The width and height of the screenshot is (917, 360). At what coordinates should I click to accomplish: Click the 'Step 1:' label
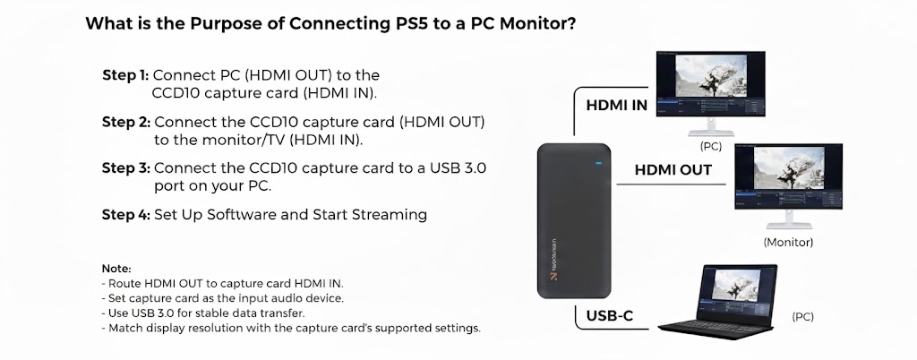tap(126, 75)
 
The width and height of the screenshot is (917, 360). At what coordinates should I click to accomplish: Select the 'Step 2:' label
tap(126, 122)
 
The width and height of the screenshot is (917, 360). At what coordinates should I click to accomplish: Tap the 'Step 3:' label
tap(126, 168)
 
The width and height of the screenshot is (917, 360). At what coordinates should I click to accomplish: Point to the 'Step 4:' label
tap(126, 215)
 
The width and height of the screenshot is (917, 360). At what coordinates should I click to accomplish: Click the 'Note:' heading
tap(116, 269)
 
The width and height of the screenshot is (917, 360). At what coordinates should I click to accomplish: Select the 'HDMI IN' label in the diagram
tap(616, 106)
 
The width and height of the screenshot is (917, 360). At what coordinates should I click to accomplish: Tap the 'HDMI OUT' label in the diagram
tap(673, 170)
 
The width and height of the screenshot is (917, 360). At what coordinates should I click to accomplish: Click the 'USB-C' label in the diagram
tap(609, 316)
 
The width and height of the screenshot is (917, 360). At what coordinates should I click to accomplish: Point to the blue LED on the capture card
tap(597, 164)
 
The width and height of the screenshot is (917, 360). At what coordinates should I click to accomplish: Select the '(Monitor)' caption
tap(788, 242)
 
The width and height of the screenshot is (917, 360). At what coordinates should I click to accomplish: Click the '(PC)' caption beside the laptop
tap(802, 317)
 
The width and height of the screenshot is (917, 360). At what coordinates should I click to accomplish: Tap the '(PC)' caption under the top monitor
tap(710, 146)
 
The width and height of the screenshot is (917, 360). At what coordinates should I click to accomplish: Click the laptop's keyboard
tap(711, 326)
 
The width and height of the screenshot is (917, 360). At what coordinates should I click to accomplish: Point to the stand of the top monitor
tap(711, 127)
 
